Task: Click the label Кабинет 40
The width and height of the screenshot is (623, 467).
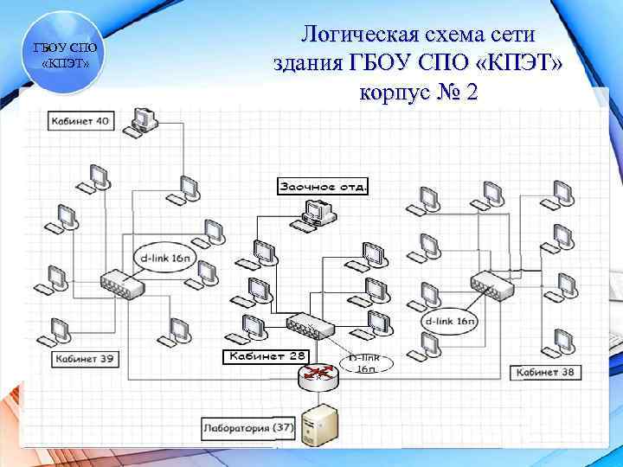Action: pos(79,121)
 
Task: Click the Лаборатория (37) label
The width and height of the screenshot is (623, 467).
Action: pos(247,426)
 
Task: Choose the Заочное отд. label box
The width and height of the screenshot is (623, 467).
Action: pos(322,186)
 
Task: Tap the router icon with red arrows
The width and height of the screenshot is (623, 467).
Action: pos(315,373)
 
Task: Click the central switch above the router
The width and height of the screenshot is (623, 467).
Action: pos(311,325)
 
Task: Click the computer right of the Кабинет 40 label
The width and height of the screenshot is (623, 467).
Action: pos(143,119)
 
